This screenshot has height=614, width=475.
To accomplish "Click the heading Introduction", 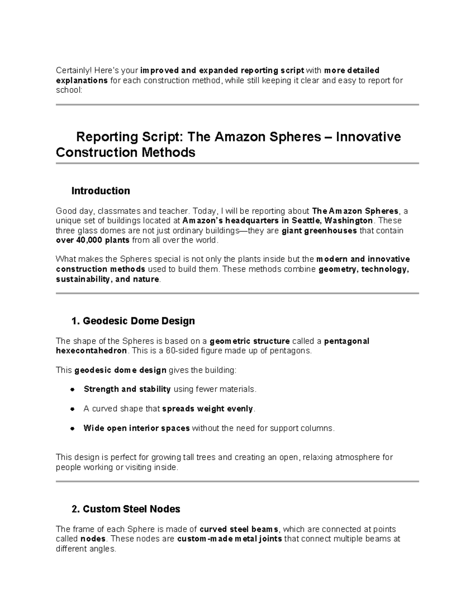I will click(x=101, y=191).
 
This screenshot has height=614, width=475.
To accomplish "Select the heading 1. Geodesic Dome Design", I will click(x=133, y=321).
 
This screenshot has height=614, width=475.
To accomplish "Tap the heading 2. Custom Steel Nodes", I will click(x=125, y=509).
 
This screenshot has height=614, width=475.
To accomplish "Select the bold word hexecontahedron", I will click(x=91, y=351).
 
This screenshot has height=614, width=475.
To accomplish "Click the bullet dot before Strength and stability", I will click(x=72, y=389).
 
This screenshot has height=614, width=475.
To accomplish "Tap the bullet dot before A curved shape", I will click(x=72, y=409).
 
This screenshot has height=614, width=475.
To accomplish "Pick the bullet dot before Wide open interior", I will click(x=72, y=429).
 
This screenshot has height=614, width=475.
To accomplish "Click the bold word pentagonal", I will click(x=346, y=341).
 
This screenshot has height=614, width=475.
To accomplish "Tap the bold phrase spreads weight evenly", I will click(x=207, y=409).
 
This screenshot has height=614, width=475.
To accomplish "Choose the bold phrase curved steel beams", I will click(x=239, y=529).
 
